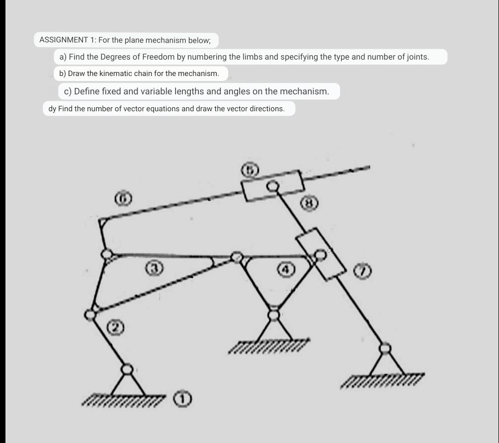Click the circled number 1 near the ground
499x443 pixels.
point(182,398)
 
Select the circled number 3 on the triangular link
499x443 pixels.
point(155,269)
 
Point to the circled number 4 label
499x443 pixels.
point(284,269)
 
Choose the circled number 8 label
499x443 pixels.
point(309,203)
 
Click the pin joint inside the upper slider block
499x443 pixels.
point(272,186)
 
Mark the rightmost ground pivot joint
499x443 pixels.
point(385,349)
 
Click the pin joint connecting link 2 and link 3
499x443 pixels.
point(90,314)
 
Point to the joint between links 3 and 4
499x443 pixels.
point(238,257)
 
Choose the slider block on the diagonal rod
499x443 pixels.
point(321,254)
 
